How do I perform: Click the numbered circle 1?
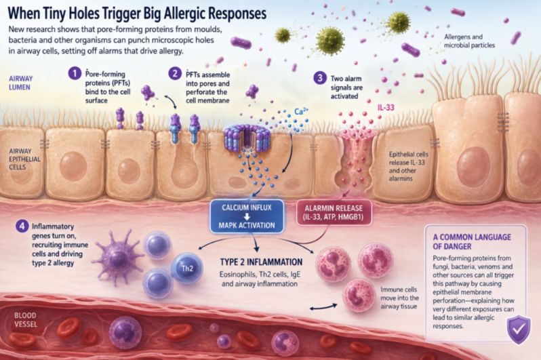point(74,73)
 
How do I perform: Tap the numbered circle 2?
point(175,73)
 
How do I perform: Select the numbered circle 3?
point(320,78)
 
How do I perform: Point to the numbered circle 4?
point(22,226)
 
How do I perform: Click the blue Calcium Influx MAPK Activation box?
point(247,216)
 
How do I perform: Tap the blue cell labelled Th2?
point(187,268)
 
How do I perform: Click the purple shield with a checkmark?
point(519,329)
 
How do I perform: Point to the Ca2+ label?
point(302,111)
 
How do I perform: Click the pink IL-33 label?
point(386,107)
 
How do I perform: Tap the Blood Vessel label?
point(26,319)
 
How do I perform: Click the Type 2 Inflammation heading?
point(261,262)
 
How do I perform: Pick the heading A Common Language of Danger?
point(472,241)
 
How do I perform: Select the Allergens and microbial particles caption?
point(469,41)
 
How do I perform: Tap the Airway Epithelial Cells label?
point(24,159)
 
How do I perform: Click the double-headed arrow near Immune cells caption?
point(323,306)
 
